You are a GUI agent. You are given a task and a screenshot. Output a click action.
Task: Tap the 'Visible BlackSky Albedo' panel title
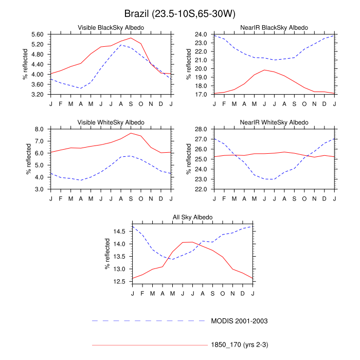tap(111, 27)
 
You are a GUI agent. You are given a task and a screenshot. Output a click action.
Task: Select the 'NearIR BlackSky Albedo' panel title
tap(275, 27)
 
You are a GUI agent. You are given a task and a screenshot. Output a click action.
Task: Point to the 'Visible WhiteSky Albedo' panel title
tap(111, 122)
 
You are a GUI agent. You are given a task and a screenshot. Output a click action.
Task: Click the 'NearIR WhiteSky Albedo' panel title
tap(275, 122)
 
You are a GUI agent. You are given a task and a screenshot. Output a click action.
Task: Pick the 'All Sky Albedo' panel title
tap(193, 218)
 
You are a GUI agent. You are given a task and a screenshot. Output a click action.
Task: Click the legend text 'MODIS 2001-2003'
tap(240, 321)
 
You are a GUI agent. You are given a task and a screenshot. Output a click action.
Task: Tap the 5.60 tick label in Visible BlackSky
tap(41, 34)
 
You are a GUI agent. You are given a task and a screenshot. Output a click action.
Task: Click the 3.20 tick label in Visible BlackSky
tap(41, 95)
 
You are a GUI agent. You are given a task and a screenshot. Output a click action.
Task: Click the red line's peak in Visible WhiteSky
tap(131, 133)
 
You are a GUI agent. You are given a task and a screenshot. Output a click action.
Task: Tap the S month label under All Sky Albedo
tap(213, 293)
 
